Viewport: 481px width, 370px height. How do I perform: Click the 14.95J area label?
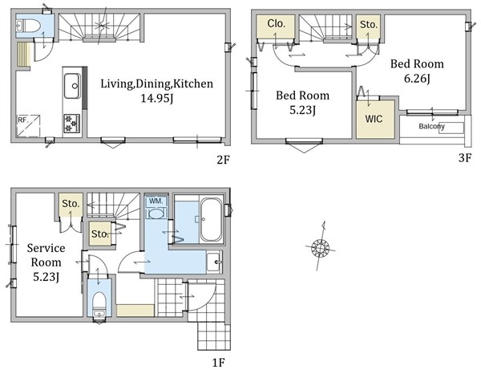point(157,98)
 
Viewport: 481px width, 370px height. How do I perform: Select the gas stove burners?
point(72,123)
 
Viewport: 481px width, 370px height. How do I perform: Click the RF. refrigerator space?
point(28,125)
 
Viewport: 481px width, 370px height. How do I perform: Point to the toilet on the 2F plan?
point(28,26)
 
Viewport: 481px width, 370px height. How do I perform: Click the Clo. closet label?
point(276,23)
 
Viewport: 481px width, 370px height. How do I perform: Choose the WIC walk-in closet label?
point(374,119)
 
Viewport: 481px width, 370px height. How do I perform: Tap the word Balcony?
point(431,126)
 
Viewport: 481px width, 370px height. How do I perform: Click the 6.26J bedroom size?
point(417,79)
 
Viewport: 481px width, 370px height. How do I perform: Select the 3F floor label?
point(464,158)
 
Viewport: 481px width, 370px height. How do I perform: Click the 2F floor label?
point(223,160)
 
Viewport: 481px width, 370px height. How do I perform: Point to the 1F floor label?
point(219,363)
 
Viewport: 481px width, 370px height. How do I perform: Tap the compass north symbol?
point(320,247)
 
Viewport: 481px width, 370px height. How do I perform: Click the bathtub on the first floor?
point(211,219)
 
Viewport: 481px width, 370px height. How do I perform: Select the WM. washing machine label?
point(157,201)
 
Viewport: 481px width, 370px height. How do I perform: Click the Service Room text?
point(46,255)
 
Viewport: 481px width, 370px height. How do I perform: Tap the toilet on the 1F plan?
point(99,304)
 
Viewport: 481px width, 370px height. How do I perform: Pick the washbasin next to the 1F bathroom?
point(213,262)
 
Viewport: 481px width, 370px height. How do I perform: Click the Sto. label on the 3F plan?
point(369,25)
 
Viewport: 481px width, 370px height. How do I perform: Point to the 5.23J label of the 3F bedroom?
point(302,110)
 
